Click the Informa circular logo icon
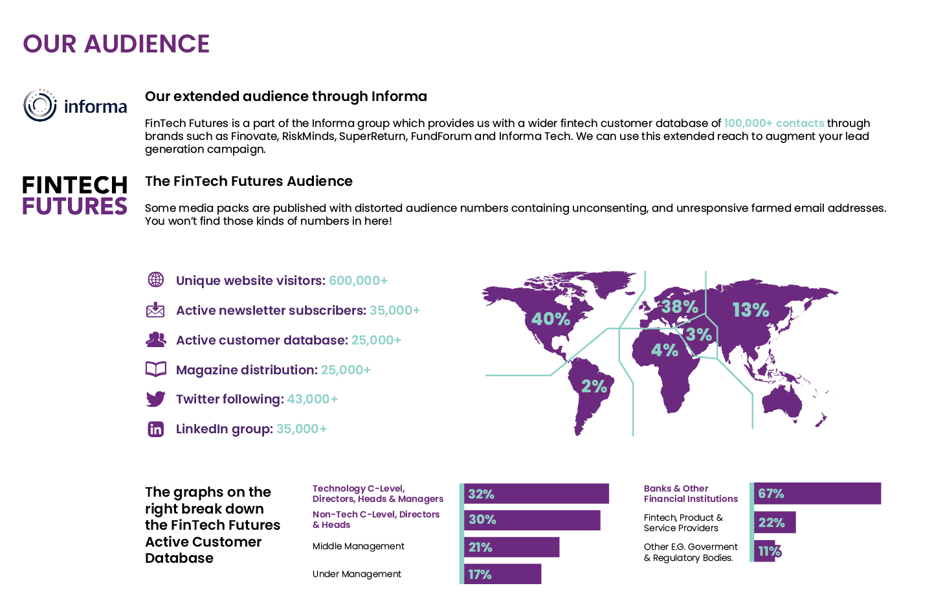[40, 106]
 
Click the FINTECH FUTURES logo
[74, 196]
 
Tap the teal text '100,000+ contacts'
[773, 123]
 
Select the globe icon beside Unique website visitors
[156, 280]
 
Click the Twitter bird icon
[155, 399]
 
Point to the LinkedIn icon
[155, 429]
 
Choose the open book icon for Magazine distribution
[155, 369]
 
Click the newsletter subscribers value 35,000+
[395, 310]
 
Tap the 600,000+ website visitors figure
[358, 280]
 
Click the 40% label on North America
[551, 319]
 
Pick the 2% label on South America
[594, 387]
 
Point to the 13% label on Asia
[750, 310]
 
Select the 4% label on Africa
[664, 350]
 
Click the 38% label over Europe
[680, 307]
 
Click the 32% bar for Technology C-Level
[536, 493]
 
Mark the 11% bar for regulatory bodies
[765, 551]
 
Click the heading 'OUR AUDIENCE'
[116, 44]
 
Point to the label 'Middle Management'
[358, 546]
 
